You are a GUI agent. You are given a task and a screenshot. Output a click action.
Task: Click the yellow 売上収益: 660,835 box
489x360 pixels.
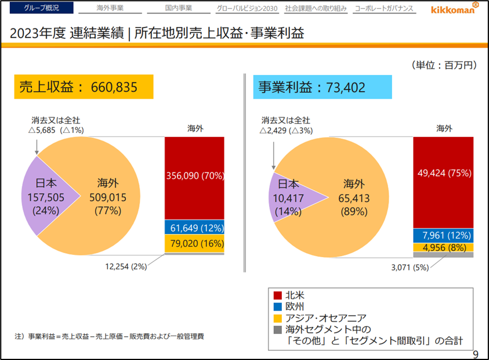pos(83,87)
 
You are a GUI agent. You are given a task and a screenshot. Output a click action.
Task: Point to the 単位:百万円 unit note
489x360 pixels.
pos(444,65)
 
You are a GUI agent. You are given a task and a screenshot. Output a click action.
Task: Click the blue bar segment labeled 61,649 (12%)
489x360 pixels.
pos(194,227)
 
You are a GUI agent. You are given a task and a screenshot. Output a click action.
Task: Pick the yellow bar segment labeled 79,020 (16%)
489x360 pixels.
pos(194,243)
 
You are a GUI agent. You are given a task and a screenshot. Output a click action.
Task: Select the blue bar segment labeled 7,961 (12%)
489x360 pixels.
pos(443,236)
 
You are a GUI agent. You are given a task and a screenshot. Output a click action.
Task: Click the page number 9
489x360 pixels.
pos(476,354)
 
